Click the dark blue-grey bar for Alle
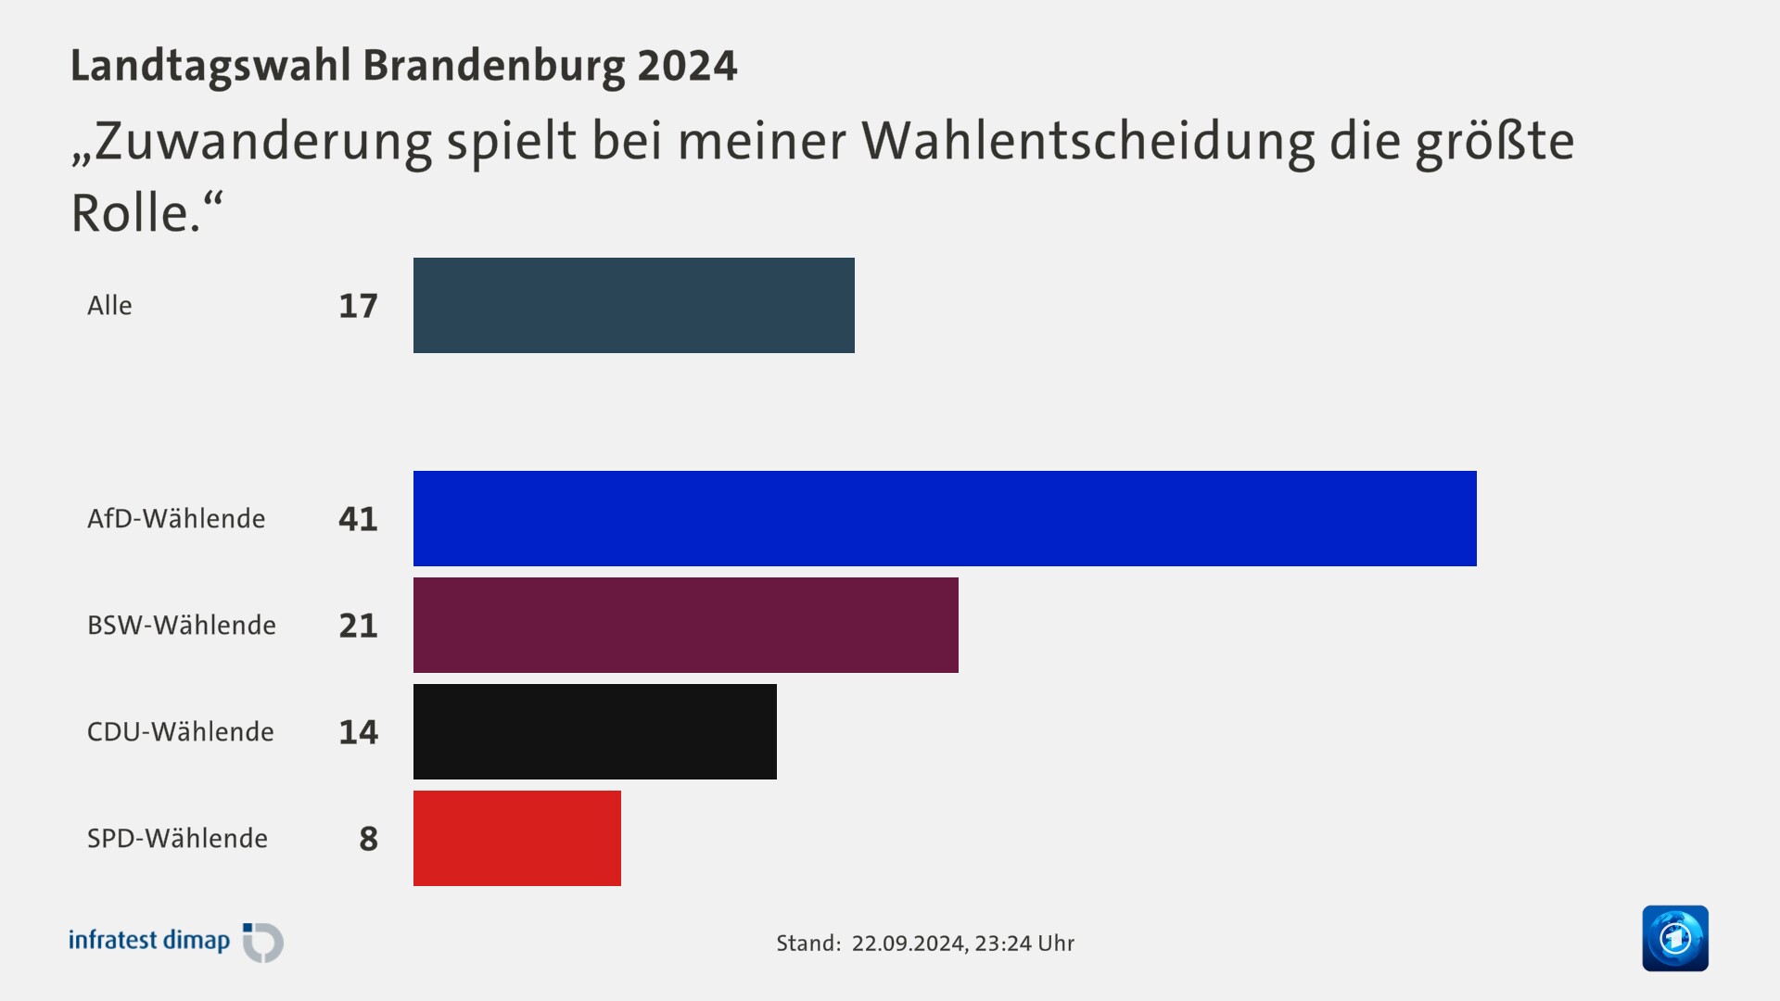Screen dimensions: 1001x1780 click(633, 305)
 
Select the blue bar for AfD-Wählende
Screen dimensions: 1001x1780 click(944, 518)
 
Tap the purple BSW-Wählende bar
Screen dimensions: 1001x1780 click(685, 625)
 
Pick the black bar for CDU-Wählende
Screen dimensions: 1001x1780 click(594, 731)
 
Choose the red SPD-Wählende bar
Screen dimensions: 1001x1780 click(516, 838)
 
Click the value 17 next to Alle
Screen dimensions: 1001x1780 click(358, 306)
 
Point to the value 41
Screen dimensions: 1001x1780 click(358, 519)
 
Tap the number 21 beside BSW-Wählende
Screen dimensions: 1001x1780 click(358, 626)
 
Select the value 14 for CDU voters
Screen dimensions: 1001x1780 click(358, 732)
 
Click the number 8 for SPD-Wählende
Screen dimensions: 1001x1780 click(368, 839)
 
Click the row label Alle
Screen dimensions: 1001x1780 click(109, 306)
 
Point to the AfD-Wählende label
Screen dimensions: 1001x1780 click(176, 518)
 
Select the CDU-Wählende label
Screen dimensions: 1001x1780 click(181, 731)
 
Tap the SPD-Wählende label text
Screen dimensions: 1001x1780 click(177, 838)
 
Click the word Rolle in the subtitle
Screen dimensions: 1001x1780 click(130, 213)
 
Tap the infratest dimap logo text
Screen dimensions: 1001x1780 click(149, 940)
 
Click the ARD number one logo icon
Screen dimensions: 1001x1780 click(1674, 938)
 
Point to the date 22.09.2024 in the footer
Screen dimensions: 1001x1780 click(909, 943)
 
